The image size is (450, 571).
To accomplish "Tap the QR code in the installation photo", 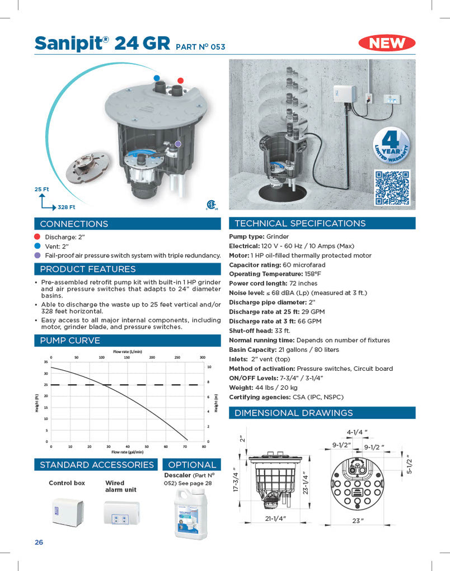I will point(392,187).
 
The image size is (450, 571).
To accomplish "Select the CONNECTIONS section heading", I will point(74,224).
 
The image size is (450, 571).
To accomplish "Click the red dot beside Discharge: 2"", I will point(37,237).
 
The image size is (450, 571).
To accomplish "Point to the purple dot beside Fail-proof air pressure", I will point(37,255).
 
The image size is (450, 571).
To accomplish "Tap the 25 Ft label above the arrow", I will point(41,190).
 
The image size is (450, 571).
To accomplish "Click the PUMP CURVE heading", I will point(70,340).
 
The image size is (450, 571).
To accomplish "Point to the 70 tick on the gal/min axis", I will point(185,447).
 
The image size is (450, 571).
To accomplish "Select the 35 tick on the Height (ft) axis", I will point(45,362).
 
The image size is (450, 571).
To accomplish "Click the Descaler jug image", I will point(191,513).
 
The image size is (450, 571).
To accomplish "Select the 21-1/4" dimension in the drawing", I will point(276,518).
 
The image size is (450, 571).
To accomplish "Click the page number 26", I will point(39,542).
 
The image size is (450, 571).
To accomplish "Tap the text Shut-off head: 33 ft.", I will point(261,331).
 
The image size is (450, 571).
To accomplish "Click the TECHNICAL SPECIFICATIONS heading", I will point(299,223).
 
